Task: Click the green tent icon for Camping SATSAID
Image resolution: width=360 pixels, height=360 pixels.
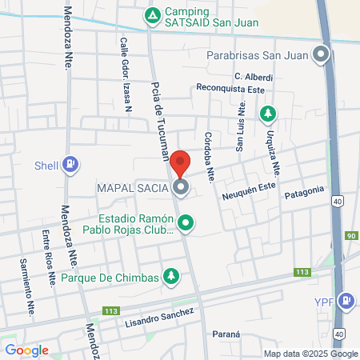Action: (152, 15)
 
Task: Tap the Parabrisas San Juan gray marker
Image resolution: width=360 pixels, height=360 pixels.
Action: (321, 55)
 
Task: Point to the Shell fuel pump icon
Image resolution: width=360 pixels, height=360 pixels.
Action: (71, 165)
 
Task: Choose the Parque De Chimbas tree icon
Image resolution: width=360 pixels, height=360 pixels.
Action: (170, 277)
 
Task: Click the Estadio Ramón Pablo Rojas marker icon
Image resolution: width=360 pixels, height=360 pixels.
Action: (186, 222)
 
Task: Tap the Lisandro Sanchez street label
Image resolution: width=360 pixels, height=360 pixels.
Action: (159, 318)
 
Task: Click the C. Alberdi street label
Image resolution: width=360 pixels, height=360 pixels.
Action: (254, 77)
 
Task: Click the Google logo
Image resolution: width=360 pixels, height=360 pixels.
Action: (26, 350)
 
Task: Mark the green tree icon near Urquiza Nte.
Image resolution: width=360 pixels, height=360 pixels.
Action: (267, 114)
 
